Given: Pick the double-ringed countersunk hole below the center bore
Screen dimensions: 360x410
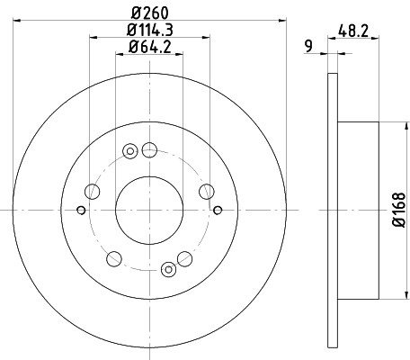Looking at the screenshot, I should point(168,267).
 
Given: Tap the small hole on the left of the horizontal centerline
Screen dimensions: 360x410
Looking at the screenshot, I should point(82,211).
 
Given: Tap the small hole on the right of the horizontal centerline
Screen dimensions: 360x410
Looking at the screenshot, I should point(218,210).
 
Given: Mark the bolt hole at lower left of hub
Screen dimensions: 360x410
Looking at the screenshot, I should point(113,259).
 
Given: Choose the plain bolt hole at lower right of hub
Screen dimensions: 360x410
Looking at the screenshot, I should point(186,258).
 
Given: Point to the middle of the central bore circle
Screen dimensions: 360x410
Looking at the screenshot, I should point(149,209).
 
